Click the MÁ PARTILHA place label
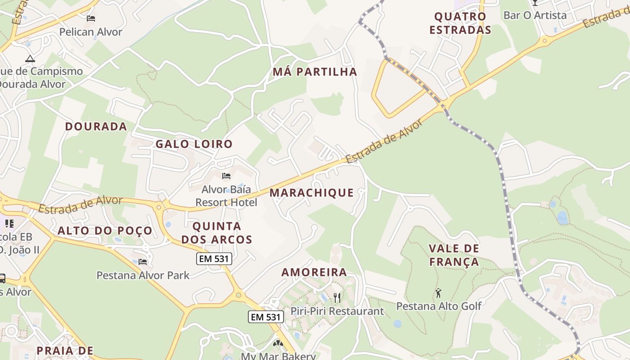[315, 72]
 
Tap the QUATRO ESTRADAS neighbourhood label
[460, 23]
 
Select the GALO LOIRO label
[194, 144]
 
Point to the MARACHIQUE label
[311, 193]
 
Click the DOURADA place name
[96, 126]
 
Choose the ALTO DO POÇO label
[105, 231]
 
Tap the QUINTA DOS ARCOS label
[217, 233]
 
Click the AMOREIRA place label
[314, 272]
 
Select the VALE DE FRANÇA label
[454, 255]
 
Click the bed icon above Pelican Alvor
[91, 18]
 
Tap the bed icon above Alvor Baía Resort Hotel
[226, 175]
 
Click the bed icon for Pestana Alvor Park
[143, 261]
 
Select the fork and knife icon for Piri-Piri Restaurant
[337, 297]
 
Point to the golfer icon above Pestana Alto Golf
[438, 293]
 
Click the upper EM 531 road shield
[214, 259]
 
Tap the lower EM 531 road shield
[266, 317]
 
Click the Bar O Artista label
[535, 15]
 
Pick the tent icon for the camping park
[30, 58]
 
